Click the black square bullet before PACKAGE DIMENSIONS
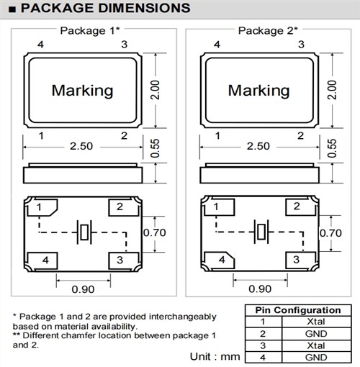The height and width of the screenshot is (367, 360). [x=12, y=9]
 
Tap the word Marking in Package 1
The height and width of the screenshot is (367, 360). [x=82, y=91]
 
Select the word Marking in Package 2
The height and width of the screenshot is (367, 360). [x=258, y=91]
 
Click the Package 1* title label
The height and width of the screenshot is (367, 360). [x=90, y=31]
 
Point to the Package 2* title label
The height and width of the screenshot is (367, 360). [x=268, y=31]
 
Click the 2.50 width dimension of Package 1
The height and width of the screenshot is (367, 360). [x=81, y=146]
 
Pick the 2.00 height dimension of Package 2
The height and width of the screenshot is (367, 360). [x=332, y=90]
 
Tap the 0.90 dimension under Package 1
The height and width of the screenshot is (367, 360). [x=83, y=289]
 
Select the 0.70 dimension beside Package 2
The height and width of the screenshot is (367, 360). [x=330, y=233]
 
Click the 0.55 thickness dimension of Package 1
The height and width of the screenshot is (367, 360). [x=155, y=148]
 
